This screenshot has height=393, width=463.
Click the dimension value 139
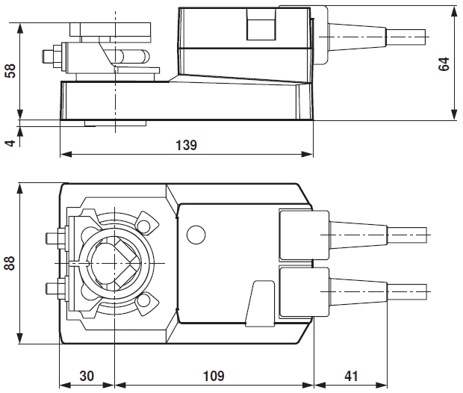(187, 146)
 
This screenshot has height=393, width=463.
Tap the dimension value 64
(445, 63)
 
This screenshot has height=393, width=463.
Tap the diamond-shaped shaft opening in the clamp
(114, 264)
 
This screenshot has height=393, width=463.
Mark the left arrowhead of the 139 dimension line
(63, 155)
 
